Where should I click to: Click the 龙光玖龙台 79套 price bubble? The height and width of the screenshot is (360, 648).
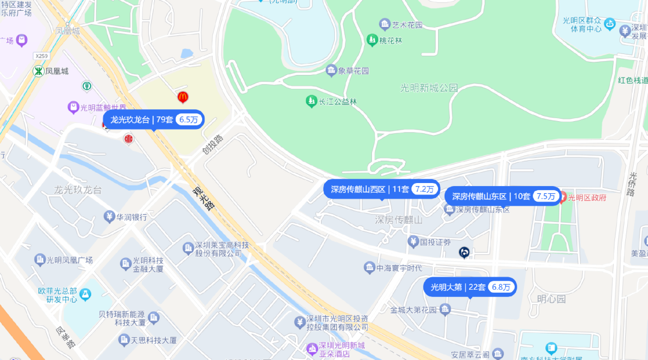[x=153, y=119]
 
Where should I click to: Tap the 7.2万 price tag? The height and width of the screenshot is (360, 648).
[x=424, y=189]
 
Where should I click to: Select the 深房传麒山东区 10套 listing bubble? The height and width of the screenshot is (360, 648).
[x=502, y=196]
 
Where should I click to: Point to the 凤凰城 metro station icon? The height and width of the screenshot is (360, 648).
[x=38, y=71]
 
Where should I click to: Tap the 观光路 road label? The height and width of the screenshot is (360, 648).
[x=203, y=199]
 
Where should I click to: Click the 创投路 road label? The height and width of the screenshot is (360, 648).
[x=212, y=144]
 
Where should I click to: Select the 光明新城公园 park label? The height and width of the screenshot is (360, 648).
[x=428, y=88]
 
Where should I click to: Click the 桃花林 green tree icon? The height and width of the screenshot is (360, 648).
[x=371, y=40]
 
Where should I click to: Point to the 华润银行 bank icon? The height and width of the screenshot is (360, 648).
[x=109, y=217]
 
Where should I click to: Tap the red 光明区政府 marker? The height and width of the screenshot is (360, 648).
[x=563, y=197]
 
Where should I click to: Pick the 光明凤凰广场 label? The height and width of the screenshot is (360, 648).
[x=70, y=260]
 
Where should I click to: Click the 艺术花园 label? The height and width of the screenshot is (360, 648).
[x=407, y=25]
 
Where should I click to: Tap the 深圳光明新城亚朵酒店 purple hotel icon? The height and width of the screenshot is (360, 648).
[x=311, y=348]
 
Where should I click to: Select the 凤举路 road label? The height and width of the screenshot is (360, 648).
[x=66, y=338]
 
